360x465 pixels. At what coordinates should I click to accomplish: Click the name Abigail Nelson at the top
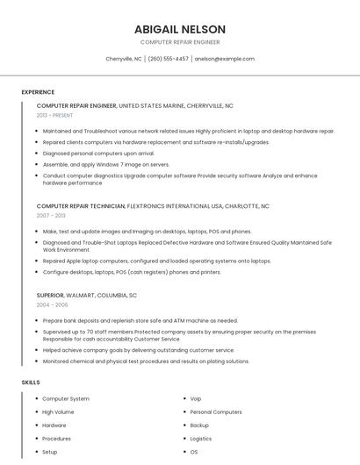click(180, 29)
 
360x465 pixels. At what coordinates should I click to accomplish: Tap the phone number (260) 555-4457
click(168, 59)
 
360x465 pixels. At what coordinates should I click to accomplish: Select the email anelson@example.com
click(225, 59)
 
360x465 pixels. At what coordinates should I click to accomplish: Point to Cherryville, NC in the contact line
click(123, 59)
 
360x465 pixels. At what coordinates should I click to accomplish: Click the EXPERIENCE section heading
click(38, 92)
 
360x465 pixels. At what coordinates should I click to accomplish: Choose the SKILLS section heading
click(31, 383)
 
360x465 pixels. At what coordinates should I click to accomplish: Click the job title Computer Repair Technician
click(81, 206)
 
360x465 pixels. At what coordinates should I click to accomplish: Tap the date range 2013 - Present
click(55, 115)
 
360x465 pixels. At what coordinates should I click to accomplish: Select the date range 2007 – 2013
click(51, 216)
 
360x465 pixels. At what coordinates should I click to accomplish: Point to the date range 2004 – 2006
click(52, 304)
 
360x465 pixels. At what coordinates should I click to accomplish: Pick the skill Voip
click(196, 399)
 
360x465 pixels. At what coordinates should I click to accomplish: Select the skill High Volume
click(58, 412)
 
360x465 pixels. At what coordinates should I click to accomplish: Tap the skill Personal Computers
click(215, 412)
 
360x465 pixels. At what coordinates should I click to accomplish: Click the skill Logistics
click(201, 439)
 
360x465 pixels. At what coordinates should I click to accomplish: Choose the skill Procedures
click(56, 439)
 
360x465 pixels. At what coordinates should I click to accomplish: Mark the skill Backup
click(199, 426)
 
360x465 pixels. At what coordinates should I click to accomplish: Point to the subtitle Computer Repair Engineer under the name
click(180, 42)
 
